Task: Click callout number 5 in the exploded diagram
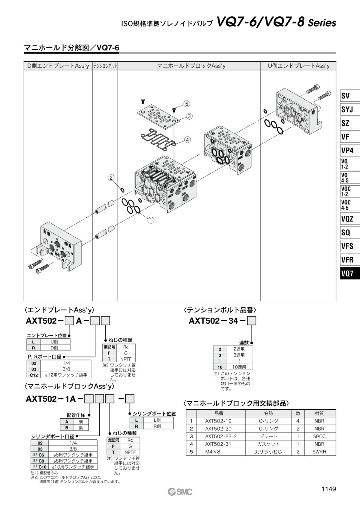point(186,104)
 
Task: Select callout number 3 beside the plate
point(189,116)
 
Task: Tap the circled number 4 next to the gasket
point(187,140)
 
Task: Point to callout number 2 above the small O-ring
point(111,178)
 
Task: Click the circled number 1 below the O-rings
point(151,220)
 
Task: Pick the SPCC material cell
point(319,436)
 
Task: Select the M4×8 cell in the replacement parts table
point(212,452)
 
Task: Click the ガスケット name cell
point(268,444)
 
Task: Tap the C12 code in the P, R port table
point(34,375)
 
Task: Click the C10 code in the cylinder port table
point(42,467)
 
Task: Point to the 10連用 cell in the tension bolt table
point(239,367)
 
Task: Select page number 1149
point(328,489)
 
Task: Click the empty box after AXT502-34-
point(252,321)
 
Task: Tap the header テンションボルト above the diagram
point(105,66)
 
